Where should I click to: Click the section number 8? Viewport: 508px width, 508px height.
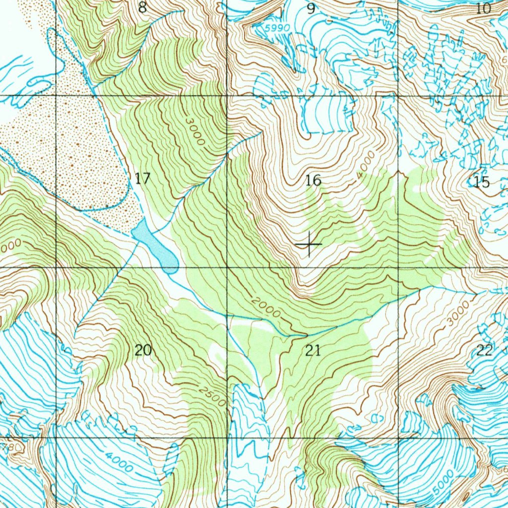click(x=143, y=8)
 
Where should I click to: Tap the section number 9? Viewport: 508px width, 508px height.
click(x=311, y=8)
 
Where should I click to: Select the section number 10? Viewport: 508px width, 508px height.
click(x=483, y=8)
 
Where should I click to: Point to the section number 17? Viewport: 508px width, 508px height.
click(x=142, y=179)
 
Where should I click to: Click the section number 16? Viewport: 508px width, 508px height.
click(x=313, y=181)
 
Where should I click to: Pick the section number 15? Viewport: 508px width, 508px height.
click(x=481, y=182)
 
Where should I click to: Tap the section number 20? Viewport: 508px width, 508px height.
click(x=143, y=350)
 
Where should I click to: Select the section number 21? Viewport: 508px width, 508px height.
click(x=313, y=351)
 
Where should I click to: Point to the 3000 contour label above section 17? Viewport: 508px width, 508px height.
click(x=195, y=131)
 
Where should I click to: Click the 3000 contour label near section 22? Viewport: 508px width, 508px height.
click(x=456, y=314)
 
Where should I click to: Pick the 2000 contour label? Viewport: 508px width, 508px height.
click(x=265, y=308)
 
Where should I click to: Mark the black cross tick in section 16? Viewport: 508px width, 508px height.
click(x=308, y=244)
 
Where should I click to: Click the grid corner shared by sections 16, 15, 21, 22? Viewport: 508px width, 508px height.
click(x=398, y=267)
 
